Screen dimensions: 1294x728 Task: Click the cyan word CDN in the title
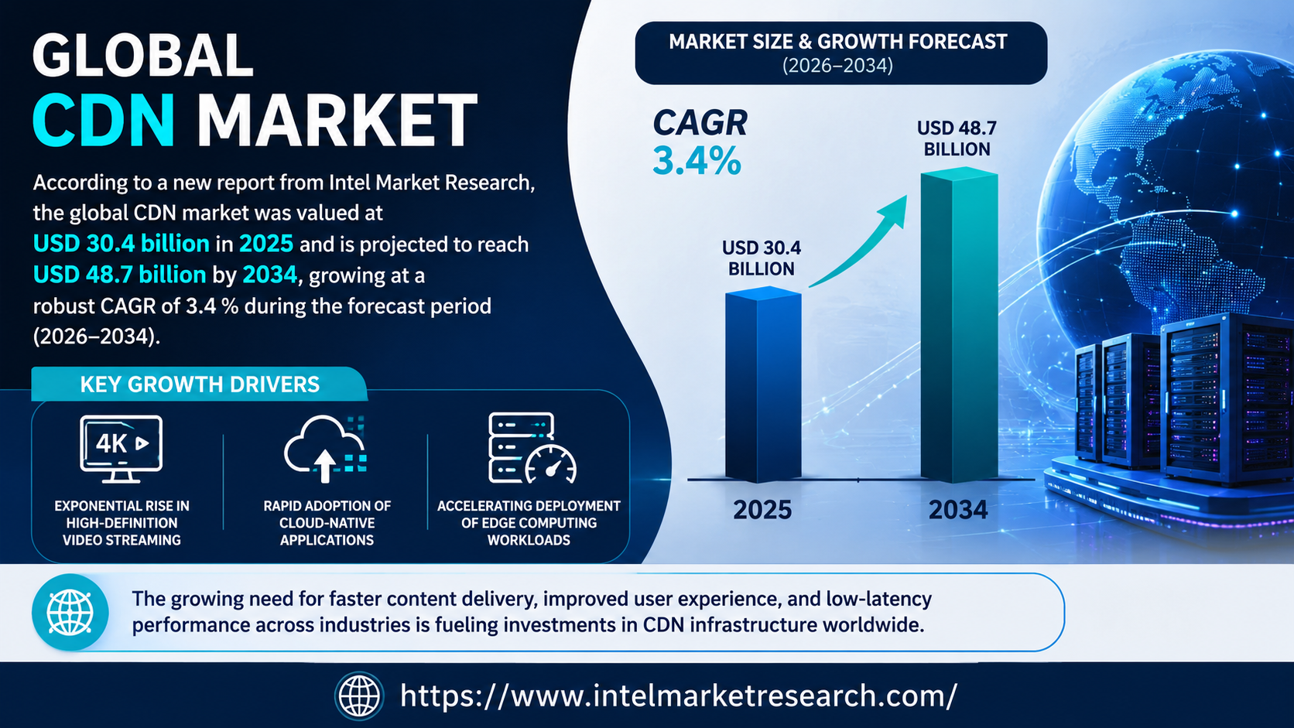(x=104, y=120)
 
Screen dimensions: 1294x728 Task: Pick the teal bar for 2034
(x=959, y=324)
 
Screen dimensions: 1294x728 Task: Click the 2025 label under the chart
(x=762, y=510)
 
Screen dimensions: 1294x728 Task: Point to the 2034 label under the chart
(x=958, y=510)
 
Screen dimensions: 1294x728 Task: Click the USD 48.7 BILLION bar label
(x=957, y=138)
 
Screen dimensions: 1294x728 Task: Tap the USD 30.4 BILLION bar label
(x=762, y=258)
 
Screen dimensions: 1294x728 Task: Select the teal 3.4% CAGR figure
(x=697, y=160)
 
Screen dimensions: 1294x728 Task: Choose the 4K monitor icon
(x=121, y=449)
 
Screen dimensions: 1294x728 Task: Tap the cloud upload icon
(x=325, y=449)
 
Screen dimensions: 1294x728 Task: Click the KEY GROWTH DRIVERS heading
(x=200, y=385)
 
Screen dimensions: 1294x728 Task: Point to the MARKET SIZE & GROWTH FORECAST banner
(x=840, y=53)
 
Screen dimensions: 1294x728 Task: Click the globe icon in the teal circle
(x=70, y=612)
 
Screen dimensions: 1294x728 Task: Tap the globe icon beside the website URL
(x=359, y=696)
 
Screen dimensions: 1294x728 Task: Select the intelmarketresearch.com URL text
(x=679, y=696)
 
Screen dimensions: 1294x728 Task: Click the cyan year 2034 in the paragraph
(x=270, y=275)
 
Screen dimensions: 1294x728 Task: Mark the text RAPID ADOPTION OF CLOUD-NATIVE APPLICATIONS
(x=327, y=523)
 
